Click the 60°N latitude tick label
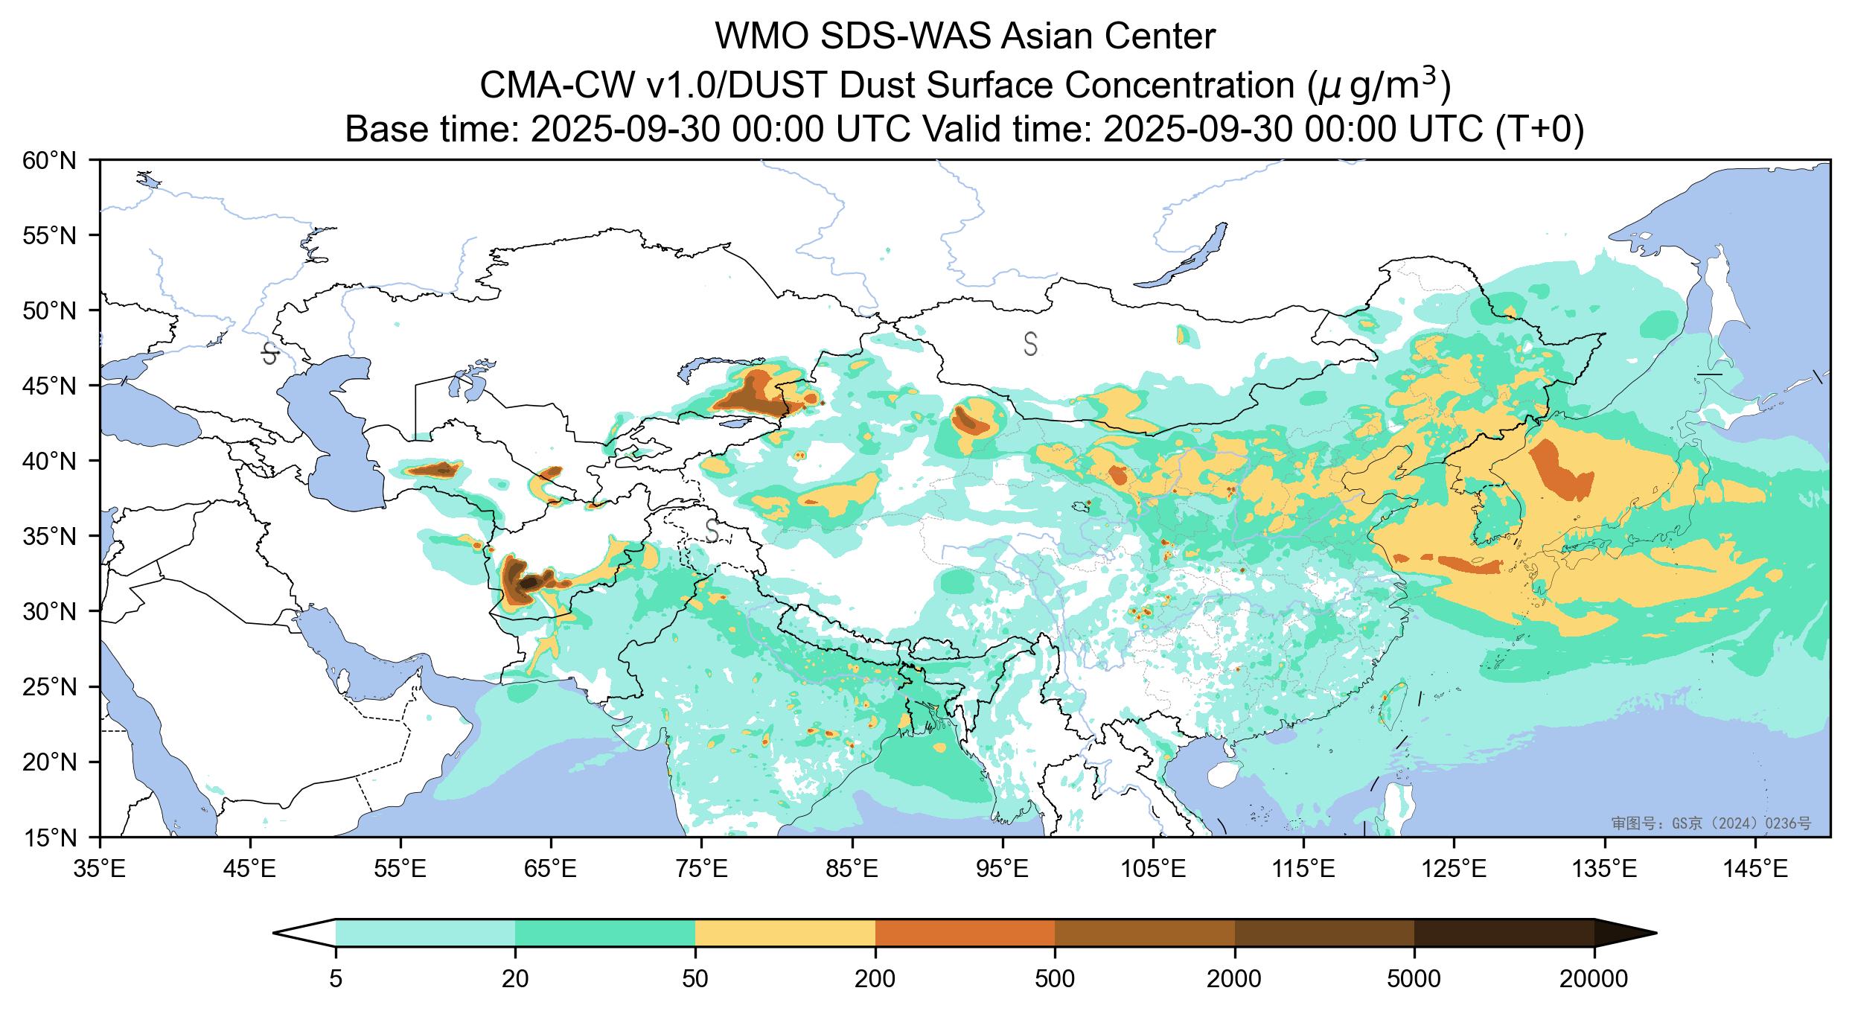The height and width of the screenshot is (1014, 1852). coord(50,160)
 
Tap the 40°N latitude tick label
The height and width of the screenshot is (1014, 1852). coord(50,462)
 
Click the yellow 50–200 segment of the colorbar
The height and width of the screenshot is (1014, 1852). coord(785,933)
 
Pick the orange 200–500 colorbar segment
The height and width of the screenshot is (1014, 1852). coord(965,933)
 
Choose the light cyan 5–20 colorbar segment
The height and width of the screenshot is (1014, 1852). coord(425,933)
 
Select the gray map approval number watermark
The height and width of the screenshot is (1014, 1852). coord(1711,823)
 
